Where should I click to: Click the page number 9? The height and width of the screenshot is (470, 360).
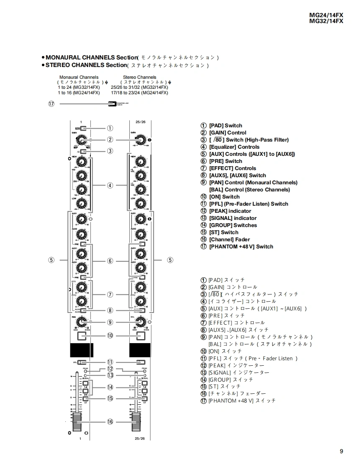342,451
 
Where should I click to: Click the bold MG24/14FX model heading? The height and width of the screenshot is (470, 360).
326,15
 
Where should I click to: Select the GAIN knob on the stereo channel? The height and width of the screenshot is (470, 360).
141,139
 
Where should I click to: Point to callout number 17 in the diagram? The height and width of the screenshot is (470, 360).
51,104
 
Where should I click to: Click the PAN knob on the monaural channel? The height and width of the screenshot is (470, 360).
82,322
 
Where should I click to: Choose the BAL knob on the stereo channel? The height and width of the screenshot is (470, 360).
141,322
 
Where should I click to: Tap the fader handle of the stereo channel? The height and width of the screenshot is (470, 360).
136,421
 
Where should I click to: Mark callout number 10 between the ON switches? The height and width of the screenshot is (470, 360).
110,336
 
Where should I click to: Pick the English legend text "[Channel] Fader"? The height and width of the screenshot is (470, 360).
229,240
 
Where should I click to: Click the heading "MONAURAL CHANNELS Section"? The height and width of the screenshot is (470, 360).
91,57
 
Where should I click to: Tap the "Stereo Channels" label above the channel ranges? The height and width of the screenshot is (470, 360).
139,77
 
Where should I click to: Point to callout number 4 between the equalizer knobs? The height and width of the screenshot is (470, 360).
110,185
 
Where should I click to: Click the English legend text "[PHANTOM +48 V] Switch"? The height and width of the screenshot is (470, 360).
241,247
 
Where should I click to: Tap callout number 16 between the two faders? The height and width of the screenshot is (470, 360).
110,421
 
